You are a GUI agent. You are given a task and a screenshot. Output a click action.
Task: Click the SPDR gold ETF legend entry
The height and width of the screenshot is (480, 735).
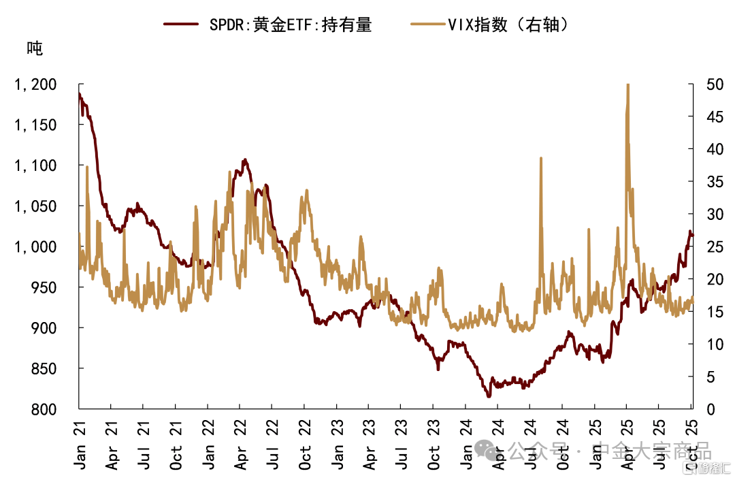coord(268,25)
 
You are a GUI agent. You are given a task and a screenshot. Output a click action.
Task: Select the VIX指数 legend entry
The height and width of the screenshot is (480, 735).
coord(490,25)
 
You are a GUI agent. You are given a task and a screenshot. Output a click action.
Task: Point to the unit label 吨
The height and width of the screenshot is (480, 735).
coord(34,48)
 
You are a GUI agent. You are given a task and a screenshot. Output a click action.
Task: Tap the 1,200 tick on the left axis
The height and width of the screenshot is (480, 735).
coord(44,84)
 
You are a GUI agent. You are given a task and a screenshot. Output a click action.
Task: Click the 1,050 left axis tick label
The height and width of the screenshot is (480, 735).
coord(44,206)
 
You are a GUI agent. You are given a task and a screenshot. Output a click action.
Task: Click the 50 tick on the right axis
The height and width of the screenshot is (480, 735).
coord(706,84)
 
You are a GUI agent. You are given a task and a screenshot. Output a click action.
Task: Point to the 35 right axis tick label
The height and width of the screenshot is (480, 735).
coord(706,182)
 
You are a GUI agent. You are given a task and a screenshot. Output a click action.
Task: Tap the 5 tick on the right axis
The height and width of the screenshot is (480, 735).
coord(702,377)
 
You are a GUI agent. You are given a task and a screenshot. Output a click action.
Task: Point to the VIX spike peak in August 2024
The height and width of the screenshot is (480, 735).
coord(541,158)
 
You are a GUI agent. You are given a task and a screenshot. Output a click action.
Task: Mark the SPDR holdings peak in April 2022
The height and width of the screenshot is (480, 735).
coord(244,160)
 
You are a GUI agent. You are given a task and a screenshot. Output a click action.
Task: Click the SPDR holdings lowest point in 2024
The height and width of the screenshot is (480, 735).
coord(488,396)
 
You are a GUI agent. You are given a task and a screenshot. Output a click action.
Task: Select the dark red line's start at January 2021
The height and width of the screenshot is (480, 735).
coord(80,94)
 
